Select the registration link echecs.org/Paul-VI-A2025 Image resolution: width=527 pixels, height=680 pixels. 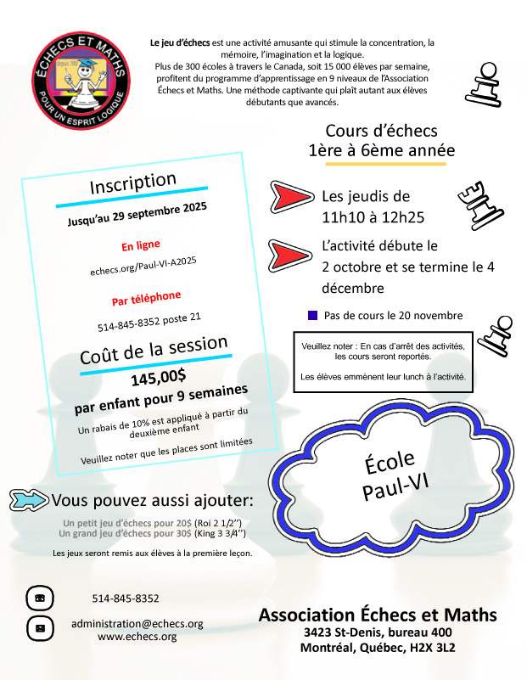click(x=143, y=273)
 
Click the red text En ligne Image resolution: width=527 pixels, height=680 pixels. click(x=140, y=247)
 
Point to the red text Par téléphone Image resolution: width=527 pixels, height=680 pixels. click(x=146, y=299)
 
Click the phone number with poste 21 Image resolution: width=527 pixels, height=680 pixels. click(x=149, y=323)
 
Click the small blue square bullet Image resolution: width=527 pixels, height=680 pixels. click(x=312, y=315)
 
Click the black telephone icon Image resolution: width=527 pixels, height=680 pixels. click(x=39, y=598)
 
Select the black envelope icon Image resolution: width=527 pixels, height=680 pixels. click(x=39, y=629)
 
